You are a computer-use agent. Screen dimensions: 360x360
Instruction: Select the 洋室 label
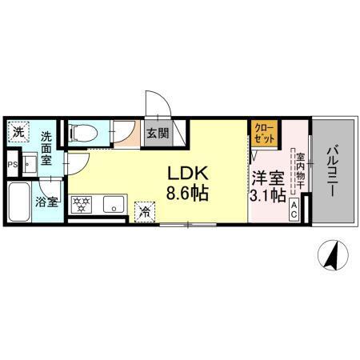[x=266, y=178]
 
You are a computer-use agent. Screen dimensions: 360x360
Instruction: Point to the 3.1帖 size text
[x=267, y=194]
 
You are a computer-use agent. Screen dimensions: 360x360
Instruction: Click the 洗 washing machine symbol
[x=18, y=131]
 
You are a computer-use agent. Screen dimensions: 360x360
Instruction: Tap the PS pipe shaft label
[x=11, y=166]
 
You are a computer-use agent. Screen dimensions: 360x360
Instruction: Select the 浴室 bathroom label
[x=47, y=202]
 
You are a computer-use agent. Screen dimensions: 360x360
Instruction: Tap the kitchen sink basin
[x=112, y=203]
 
